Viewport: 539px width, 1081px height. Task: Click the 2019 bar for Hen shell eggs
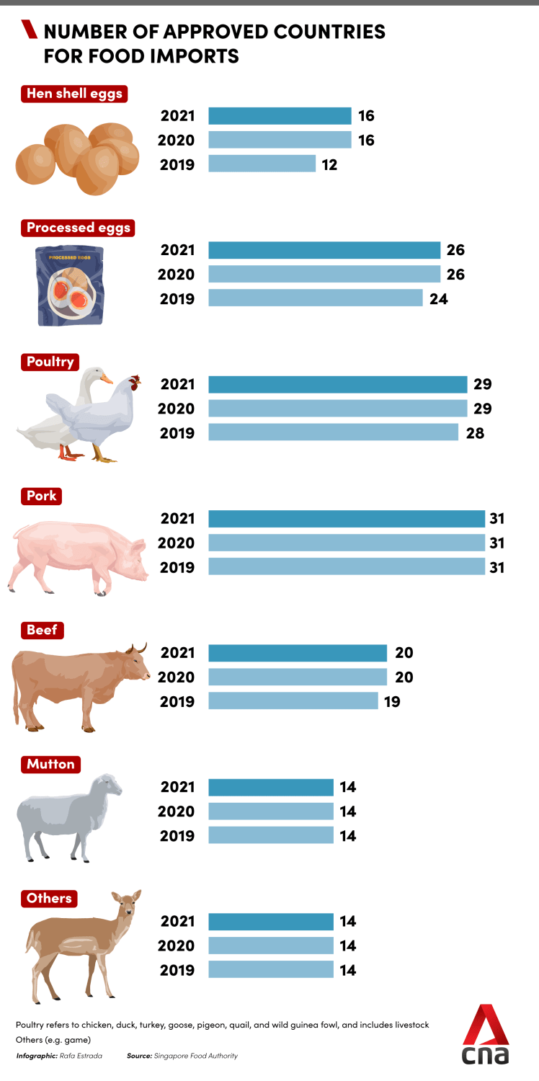pos(262,164)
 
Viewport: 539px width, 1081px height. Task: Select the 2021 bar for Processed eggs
pos(324,250)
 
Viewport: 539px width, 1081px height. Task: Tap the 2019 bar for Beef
pos(293,700)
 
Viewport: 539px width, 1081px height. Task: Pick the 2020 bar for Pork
pos(347,543)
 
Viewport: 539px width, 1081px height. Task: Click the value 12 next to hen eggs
pos(329,164)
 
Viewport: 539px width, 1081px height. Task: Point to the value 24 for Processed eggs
pos(438,298)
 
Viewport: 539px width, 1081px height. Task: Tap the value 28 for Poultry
pos(474,433)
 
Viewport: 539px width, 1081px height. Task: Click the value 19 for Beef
pos(392,701)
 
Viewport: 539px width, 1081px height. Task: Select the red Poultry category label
pos(50,362)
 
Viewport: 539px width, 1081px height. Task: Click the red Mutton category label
pos(50,764)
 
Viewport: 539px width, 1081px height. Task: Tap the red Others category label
pos(49,898)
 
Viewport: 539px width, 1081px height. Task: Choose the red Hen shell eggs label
pos(74,94)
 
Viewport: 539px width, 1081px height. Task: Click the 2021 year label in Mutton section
pos(177,787)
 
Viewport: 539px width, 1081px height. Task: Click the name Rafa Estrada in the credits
pos(83,1056)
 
